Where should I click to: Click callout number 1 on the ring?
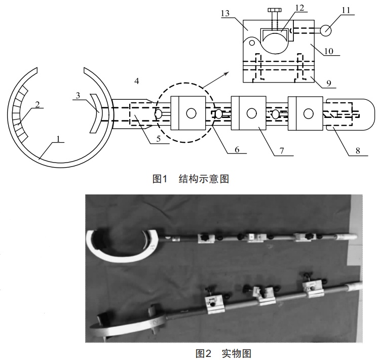point(58,139)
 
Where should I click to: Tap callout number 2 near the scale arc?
point(37,104)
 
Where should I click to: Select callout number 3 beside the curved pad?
point(78,96)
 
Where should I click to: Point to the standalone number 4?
point(137,81)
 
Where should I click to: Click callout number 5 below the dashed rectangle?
point(159,139)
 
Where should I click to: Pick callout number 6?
point(237,149)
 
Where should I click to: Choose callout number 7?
point(281,151)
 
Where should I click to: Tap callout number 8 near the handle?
point(358,151)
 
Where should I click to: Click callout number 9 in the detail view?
point(329,84)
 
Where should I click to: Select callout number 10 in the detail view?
point(329,51)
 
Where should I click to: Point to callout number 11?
point(346,10)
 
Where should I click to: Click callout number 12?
point(300,8)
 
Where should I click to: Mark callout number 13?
point(225,13)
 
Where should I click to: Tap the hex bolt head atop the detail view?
point(275,10)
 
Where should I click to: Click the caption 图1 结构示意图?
point(191,179)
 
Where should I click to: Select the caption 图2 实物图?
point(223,354)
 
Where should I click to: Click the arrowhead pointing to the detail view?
point(226,73)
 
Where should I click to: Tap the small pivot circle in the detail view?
point(252,43)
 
